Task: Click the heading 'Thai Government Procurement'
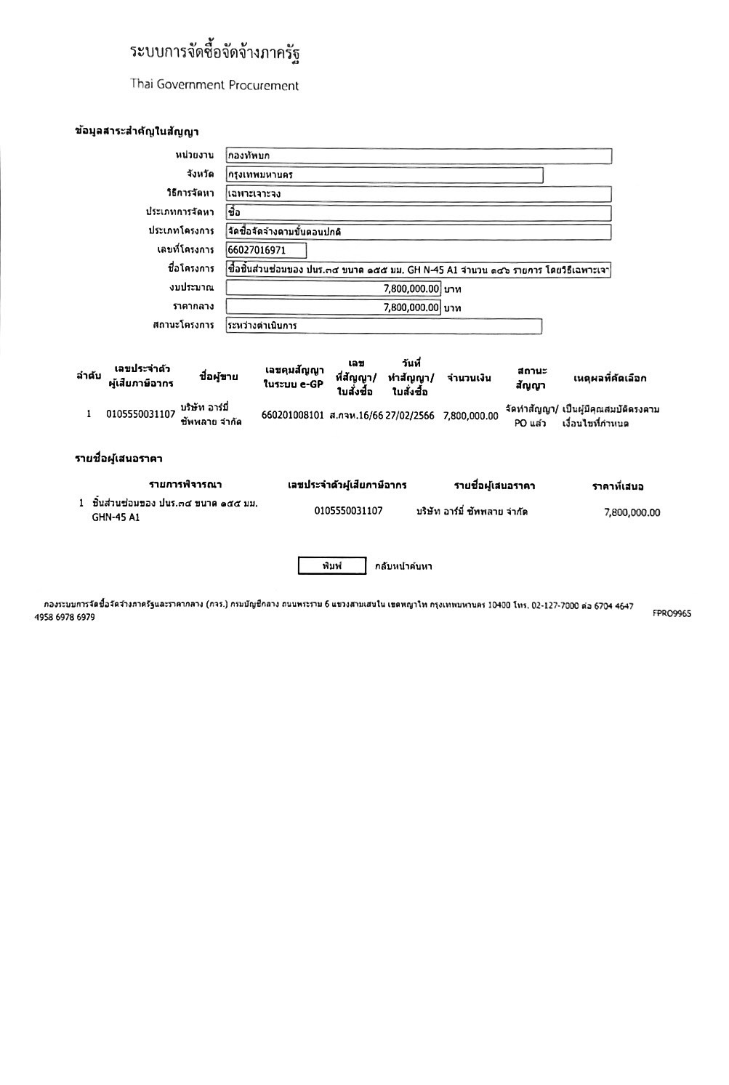coord(214,85)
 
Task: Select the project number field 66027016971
coord(266,251)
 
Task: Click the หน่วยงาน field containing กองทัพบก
coord(418,156)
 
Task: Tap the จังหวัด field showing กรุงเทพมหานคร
coord(384,175)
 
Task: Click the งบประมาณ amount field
coord(334,289)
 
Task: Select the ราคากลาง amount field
coord(334,307)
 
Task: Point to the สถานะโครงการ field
coord(384,326)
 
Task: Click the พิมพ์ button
coord(332,566)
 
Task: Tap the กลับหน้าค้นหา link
coord(403,566)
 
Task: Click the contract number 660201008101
coord(292,416)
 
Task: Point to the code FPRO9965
coord(672,613)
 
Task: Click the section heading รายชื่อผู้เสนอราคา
coord(118,459)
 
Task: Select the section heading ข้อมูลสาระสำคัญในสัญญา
coord(137,132)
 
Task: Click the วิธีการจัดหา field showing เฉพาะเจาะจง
coord(418,194)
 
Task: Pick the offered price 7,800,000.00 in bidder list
coord(632,512)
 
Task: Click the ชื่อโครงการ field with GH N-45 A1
coord(418,270)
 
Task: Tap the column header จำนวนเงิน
coord(469,378)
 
